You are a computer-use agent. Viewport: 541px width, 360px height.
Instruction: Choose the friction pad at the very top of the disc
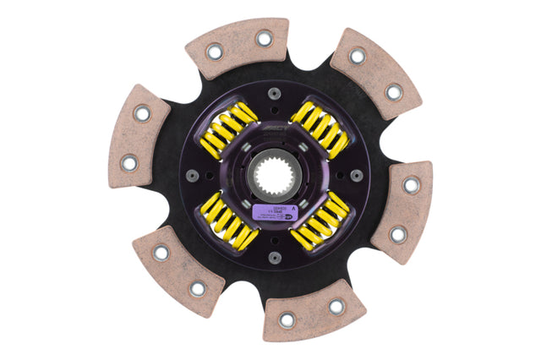[x=238, y=48]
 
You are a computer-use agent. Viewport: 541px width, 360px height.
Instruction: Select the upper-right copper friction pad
[x=374, y=72]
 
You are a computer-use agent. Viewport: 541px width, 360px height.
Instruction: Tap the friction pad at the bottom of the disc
[x=313, y=310]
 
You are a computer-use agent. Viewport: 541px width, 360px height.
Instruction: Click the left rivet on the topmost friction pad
[x=214, y=52]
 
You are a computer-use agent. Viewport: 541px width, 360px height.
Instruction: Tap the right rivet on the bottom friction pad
[x=336, y=306]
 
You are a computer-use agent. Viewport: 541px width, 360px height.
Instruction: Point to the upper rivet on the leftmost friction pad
[x=142, y=112]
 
